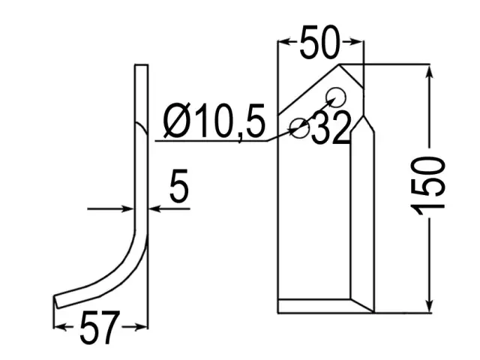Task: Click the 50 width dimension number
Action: pos(319,42)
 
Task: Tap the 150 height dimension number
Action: pos(428,185)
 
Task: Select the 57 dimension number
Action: pos(99,328)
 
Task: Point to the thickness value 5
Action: pos(178,185)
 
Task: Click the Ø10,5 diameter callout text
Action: pos(214,120)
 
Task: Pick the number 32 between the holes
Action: pos(331,128)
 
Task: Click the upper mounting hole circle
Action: pos(336,97)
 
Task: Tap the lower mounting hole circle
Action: pos(300,127)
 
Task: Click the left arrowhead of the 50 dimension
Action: pos(284,42)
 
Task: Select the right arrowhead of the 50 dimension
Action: pos(357,42)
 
